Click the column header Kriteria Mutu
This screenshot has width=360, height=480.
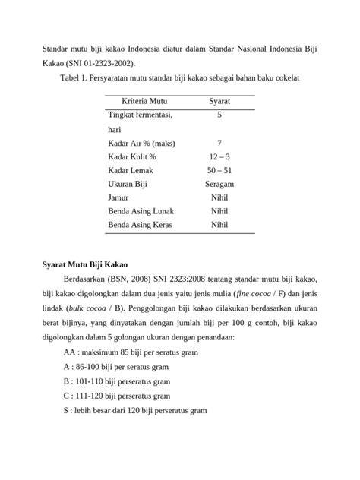pos(144,100)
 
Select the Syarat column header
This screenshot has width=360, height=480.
pos(219,100)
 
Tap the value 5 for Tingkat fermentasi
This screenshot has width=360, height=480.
pos(219,115)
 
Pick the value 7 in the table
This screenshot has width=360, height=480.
pos(219,143)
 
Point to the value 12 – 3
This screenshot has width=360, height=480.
pos(219,156)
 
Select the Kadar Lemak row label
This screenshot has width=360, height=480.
pos(133,170)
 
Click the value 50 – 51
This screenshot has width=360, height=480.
pos(219,170)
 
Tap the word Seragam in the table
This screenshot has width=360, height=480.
pos(219,184)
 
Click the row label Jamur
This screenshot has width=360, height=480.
pos(119,197)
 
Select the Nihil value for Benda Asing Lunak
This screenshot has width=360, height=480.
pos(219,211)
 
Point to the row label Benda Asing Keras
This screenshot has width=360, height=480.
pos(141,225)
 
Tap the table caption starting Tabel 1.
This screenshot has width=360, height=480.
pos(179,77)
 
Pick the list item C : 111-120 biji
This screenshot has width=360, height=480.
pos(117,396)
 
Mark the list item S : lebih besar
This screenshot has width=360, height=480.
pos(135,410)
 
